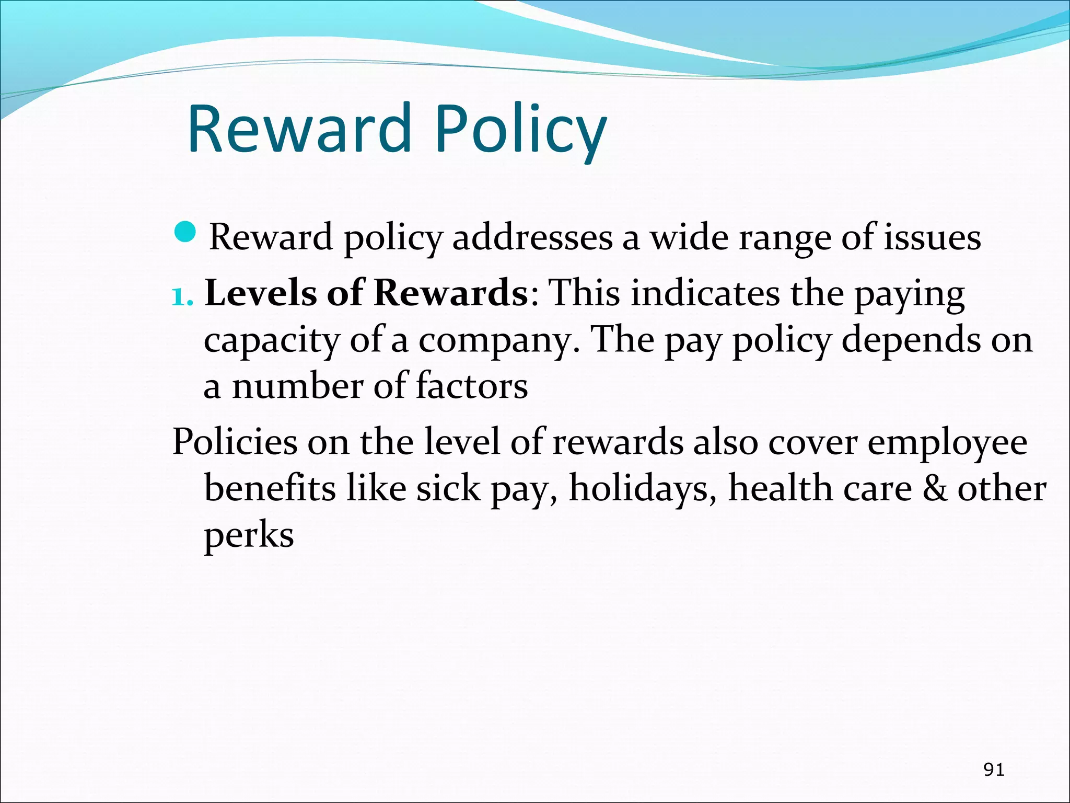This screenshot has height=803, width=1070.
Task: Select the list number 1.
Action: click(x=182, y=297)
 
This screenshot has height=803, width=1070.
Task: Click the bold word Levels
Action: click(x=260, y=293)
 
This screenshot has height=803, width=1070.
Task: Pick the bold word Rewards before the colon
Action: click(x=450, y=293)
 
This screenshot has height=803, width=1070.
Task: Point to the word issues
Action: click(x=932, y=238)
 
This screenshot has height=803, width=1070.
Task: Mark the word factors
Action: click(x=472, y=387)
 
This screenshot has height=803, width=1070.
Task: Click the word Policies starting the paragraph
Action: click(x=235, y=442)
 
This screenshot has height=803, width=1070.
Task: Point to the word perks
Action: click(x=249, y=536)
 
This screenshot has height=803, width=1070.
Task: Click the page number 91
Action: click(x=993, y=769)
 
